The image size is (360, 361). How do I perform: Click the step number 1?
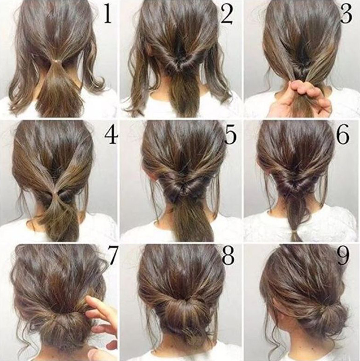pyautogui.click(x=108, y=14)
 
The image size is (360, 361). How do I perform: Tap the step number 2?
pyautogui.click(x=227, y=14)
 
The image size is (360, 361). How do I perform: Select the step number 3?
pyautogui.click(x=346, y=14)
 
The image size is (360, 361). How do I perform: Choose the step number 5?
pyautogui.click(x=230, y=135)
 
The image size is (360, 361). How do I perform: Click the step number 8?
pyautogui.click(x=228, y=255)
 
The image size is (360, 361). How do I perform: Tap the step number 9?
pyautogui.click(x=343, y=255)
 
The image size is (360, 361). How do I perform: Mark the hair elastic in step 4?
pyautogui.click(x=55, y=192)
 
